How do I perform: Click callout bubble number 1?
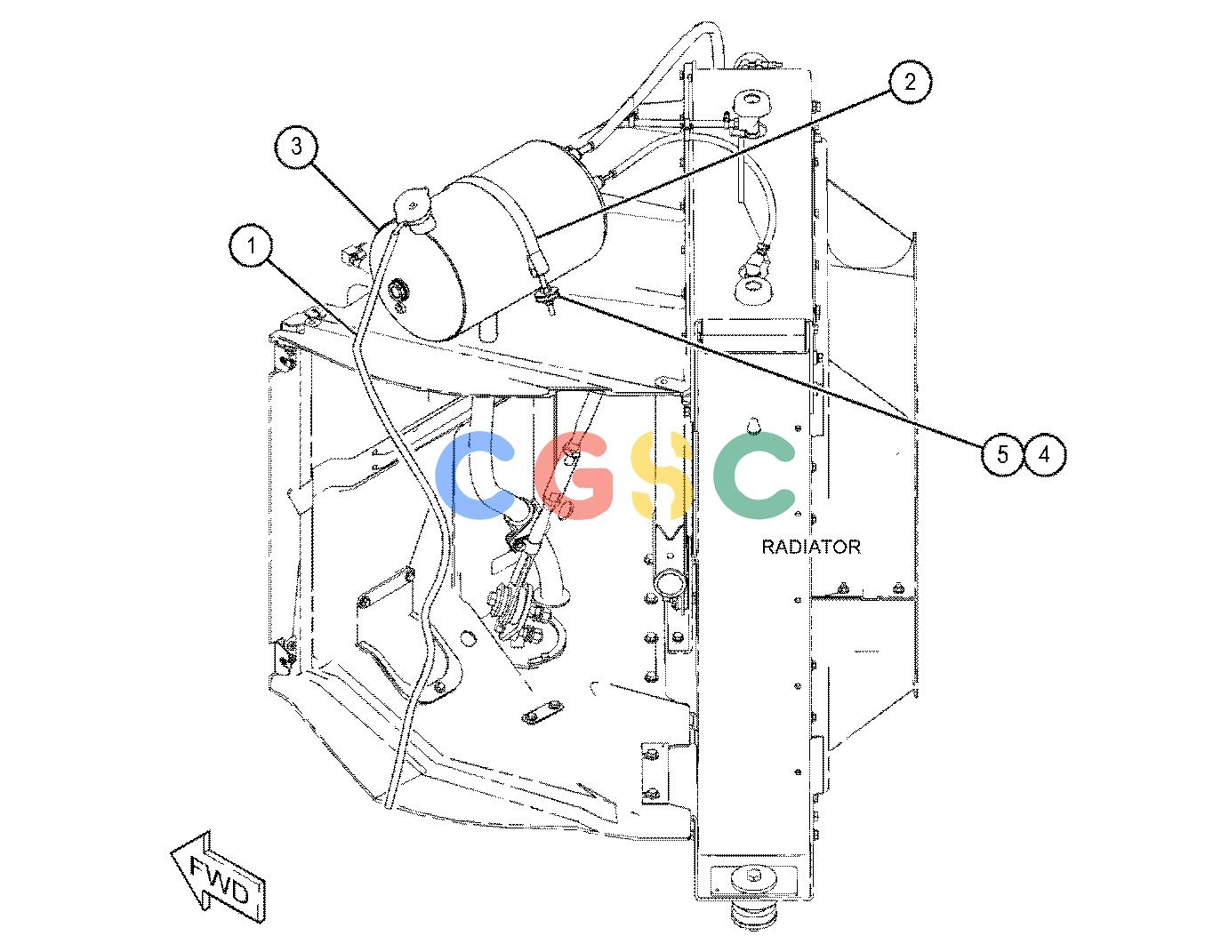[251, 246]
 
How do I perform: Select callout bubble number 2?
[910, 83]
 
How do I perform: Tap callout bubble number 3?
[296, 147]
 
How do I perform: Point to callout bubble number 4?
[1044, 454]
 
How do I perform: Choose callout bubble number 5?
[1002, 454]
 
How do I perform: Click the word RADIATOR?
[811, 547]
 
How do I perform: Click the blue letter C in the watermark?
[475, 476]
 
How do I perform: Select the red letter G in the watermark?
[574, 476]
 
